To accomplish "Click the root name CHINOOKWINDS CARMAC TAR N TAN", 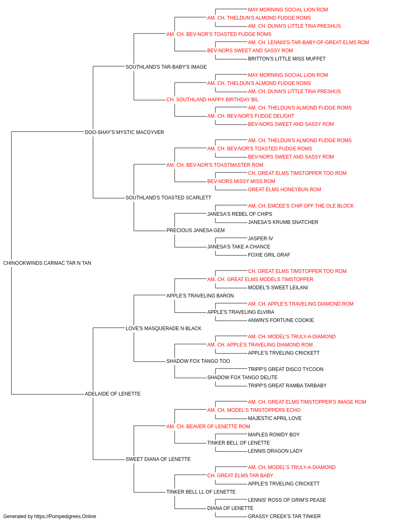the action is tap(47, 263).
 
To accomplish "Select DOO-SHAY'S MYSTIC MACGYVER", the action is tap(124, 132).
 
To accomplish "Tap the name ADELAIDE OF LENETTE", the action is tap(113, 394).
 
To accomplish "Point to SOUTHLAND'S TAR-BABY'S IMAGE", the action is tap(166, 67).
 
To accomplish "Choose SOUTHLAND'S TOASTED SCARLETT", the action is tap(168, 198).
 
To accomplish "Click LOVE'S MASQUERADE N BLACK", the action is tap(163, 329).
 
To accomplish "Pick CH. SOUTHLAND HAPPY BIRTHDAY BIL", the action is tap(213, 100).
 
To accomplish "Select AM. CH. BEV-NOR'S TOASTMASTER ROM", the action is tap(215, 165).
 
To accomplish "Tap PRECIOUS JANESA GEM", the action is tap(195, 230).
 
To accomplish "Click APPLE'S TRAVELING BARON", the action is tap(200, 296).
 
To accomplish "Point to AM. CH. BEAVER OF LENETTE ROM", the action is tap(208, 427).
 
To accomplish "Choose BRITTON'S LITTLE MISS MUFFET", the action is tap(287, 59).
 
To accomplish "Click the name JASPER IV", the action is tap(260, 239).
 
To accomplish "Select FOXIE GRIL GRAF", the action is tap(269, 255).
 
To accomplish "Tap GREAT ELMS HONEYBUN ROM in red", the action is tap(284, 190).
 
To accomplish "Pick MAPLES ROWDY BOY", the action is tap(274, 435).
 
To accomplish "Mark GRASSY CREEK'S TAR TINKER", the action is tap(284, 516).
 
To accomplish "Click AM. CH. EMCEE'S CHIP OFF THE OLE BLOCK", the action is tap(301, 206).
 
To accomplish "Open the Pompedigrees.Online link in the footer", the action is tap(65, 516).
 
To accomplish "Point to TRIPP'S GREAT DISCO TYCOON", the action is tap(286, 369).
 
